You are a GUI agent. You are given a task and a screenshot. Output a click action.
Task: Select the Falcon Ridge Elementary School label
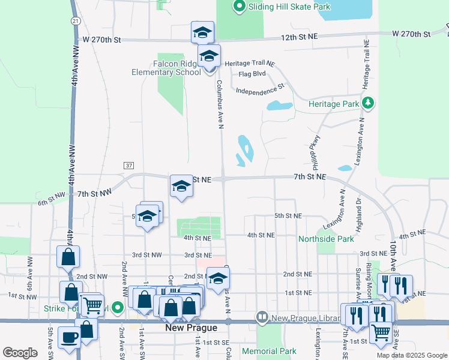[166, 68]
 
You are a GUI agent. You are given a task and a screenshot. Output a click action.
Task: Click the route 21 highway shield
[74, 20]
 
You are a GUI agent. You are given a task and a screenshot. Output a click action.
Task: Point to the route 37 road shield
[129, 165]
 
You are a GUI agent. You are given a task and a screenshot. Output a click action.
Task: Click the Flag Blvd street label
[252, 74]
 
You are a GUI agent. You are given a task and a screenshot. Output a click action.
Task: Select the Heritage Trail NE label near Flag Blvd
[249, 63]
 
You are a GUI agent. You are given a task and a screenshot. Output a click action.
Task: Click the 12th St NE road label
[300, 37]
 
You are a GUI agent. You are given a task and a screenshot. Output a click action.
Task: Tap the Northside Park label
[327, 239]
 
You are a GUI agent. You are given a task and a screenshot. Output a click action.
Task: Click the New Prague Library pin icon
[262, 316]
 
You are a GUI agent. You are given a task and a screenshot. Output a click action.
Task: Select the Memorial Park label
[269, 351]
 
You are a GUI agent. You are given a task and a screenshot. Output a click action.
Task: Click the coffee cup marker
[69, 337]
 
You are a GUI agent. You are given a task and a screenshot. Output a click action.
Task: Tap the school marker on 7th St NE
[181, 187]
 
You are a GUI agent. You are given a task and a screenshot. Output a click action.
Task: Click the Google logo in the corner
[20, 353]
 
